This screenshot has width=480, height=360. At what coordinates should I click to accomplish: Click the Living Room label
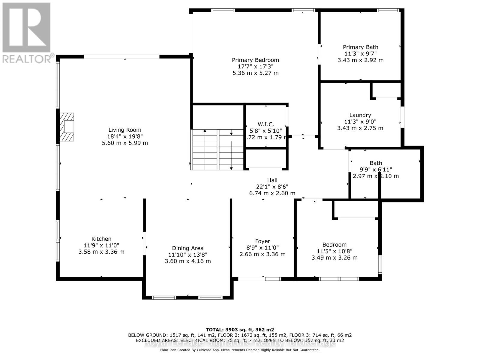click(x=125, y=130)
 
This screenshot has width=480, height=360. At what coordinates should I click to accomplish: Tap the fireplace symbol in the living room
click(x=67, y=127)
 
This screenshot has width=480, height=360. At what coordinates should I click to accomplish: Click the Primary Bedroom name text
click(x=255, y=60)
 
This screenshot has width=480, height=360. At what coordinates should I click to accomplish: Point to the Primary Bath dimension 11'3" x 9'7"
click(x=360, y=54)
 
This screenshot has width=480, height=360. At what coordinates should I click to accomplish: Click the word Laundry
click(x=360, y=115)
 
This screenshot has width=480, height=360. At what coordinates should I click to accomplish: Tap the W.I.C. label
click(x=266, y=124)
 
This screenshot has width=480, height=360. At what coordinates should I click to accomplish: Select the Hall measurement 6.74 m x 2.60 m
click(x=272, y=193)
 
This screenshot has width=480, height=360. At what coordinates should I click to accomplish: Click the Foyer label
click(x=262, y=241)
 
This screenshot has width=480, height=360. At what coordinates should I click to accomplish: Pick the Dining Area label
click(x=188, y=248)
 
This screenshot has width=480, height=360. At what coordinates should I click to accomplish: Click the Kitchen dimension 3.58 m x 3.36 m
click(x=101, y=252)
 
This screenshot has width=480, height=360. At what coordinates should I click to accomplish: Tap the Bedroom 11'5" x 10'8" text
click(x=334, y=251)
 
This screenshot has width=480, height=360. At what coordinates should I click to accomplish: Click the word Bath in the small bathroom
click(x=376, y=163)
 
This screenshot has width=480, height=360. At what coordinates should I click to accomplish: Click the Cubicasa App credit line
click(x=240, y=350)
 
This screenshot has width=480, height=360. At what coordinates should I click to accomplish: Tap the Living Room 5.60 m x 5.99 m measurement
click(x=125, y=143)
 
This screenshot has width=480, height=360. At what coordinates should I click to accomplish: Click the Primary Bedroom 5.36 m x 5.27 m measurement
click(x=255, y=73)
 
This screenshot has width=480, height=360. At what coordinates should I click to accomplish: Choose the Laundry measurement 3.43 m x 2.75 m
click(x=360, y=128)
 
